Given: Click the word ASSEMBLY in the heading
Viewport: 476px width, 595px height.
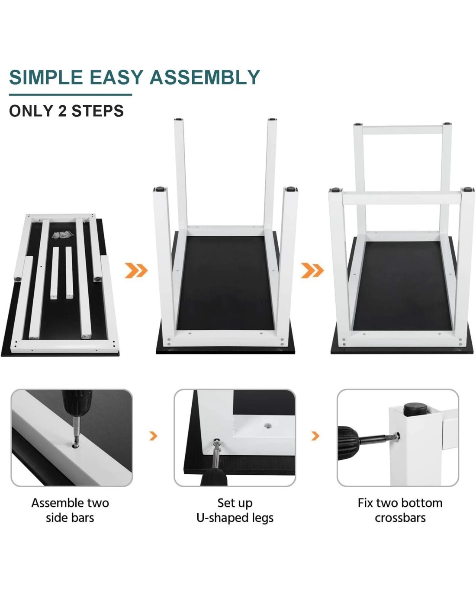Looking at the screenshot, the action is pos(205,77).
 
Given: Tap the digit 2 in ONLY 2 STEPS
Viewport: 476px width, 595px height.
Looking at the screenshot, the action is pos(62,111).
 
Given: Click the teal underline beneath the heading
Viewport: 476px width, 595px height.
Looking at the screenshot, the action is pos(71,95).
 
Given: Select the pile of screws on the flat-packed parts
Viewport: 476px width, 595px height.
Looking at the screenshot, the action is pos(63,235).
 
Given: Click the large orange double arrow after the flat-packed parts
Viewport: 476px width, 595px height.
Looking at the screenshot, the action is pos(136,270).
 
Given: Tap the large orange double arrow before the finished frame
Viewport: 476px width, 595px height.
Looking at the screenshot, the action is pos(312,270).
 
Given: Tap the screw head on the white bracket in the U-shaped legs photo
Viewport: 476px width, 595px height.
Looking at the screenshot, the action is pos(267,426).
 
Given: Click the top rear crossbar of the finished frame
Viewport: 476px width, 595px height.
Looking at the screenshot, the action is pos(402,130).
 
